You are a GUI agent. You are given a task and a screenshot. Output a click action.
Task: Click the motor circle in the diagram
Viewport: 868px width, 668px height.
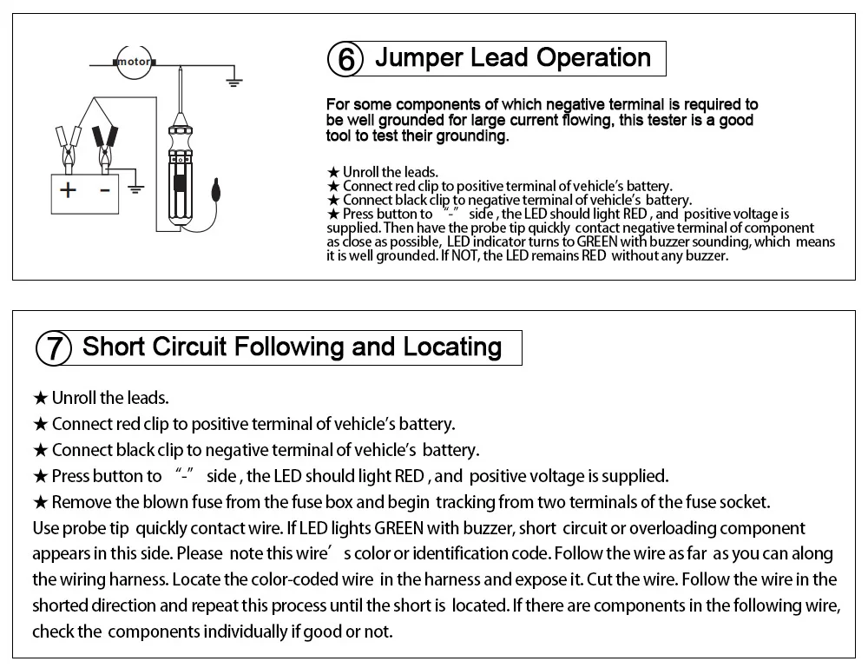pos(134,63)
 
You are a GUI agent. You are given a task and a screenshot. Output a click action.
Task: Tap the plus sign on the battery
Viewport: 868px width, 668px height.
pos(67,188)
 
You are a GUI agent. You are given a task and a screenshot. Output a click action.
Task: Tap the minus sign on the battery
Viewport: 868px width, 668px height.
pos(105,188)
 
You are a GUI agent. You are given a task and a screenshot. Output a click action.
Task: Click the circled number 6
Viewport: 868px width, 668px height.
pos(346,60)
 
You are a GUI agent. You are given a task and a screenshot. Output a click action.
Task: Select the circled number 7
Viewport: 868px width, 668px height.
pos(53,348)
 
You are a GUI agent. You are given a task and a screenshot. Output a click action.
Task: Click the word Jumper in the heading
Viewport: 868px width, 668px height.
pos(418,58)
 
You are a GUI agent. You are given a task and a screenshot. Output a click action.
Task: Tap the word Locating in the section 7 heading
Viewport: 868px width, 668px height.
pos(452,347)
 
